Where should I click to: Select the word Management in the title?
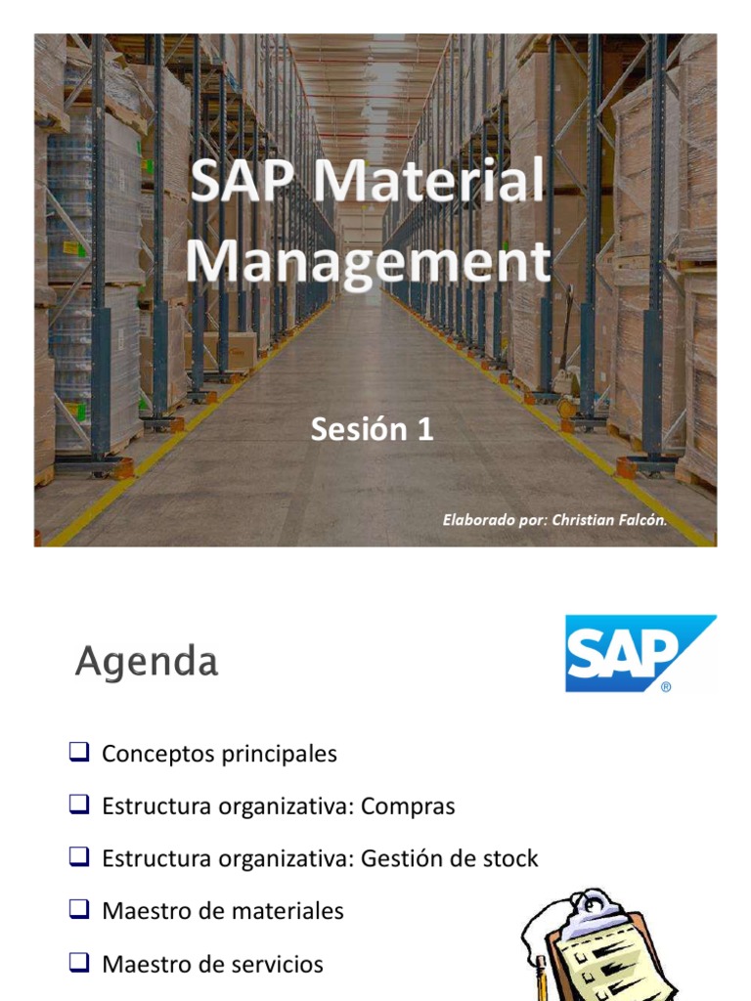pos(368,260)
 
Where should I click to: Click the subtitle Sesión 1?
pos(372,428)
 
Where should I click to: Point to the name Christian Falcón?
pos(608,520)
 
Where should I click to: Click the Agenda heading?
pos(147,663)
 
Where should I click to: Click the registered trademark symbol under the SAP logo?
pos(666,687)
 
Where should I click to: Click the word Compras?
pos(408,806)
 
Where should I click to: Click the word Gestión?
pos(397,859)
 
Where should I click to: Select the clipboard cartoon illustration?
pos(596,946)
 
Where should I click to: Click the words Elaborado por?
pos(494,520)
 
